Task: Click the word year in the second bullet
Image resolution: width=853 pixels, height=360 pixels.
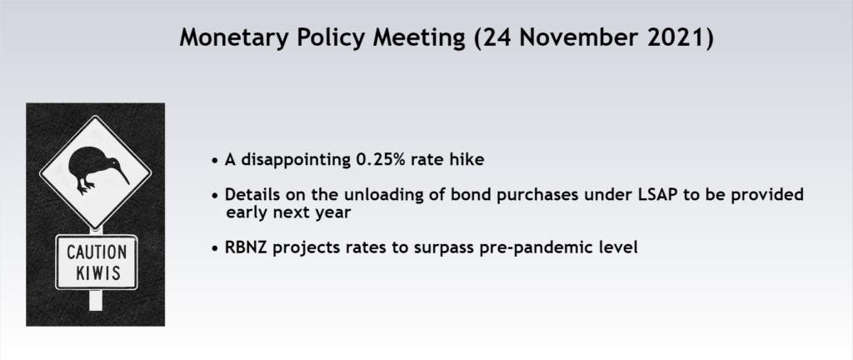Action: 333,213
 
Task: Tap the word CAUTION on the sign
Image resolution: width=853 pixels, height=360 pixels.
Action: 97,252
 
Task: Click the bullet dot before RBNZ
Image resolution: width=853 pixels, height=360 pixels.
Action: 216,249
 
